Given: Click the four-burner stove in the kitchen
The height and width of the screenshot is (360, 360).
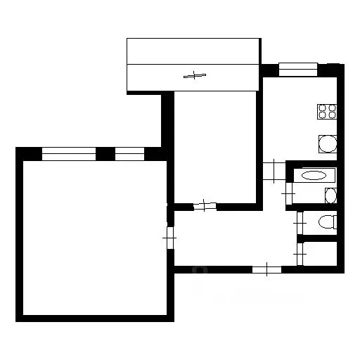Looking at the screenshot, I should pos(327,111).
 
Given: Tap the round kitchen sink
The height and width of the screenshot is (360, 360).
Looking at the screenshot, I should pos(328,145).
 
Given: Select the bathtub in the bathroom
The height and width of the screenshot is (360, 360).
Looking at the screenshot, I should pos(311,176).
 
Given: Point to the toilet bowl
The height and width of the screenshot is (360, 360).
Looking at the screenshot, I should pos(327,222).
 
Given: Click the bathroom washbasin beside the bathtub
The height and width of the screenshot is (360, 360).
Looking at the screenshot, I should pos(331,195).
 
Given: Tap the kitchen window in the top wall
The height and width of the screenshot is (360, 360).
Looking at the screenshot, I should pos(298,69).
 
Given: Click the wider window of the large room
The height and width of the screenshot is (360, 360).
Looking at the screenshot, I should pos(68,153).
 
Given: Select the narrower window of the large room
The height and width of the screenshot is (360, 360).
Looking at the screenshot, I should pos(129,153).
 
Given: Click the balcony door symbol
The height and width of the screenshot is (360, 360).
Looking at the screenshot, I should pos(194,75).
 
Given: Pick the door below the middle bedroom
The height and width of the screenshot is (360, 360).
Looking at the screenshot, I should pos(204,206).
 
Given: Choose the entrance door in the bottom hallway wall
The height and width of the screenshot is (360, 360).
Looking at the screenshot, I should pos(266,269).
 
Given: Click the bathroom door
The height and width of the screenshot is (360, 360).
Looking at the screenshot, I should pos(289,191).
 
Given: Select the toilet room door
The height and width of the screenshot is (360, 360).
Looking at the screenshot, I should pos(299,222).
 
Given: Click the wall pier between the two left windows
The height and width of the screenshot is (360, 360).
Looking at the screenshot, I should pos(105,153).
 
